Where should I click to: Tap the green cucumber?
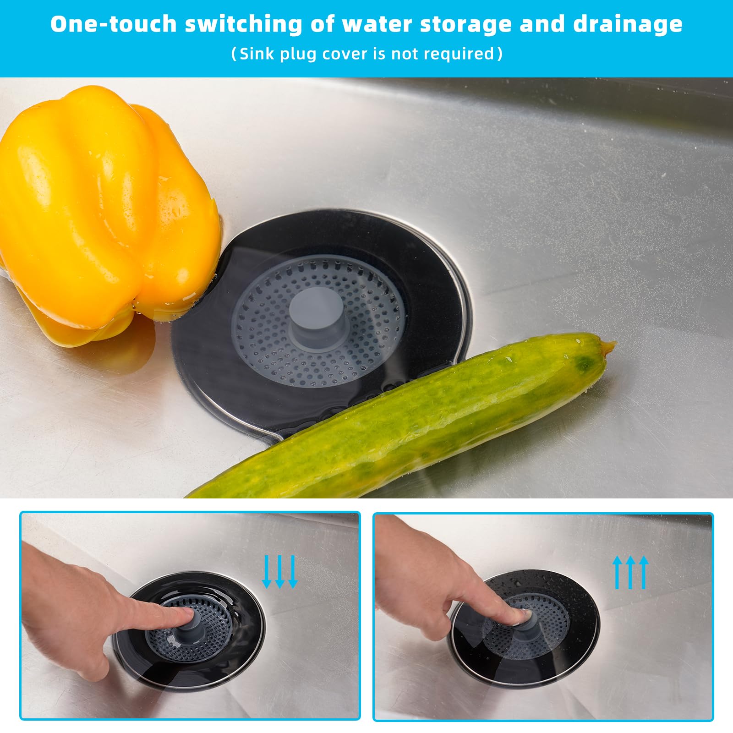[403, 417]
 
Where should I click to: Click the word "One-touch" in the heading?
[113, 24]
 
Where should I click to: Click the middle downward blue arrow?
[280, 572]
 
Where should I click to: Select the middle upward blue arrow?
[630, 572]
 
